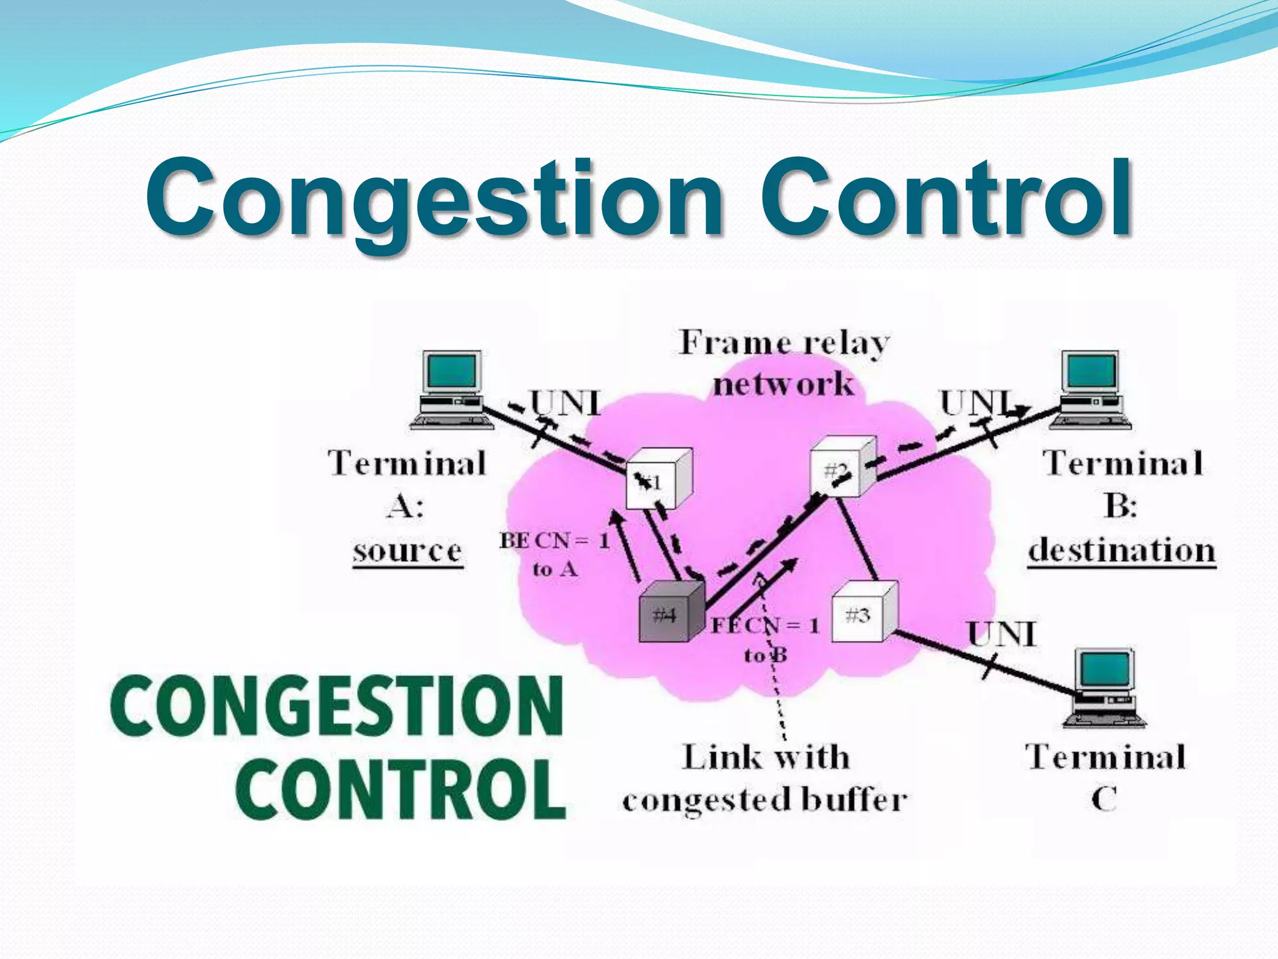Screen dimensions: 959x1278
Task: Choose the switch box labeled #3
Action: click(864, 612)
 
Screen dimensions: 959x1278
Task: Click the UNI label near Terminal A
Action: click(565, 403)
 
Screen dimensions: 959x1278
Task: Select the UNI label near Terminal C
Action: click(1002, 634)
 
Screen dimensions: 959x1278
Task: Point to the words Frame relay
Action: click(784, 343)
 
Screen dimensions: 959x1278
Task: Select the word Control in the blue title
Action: click(945, 197)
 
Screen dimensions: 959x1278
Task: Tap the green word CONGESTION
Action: click(337, 706)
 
